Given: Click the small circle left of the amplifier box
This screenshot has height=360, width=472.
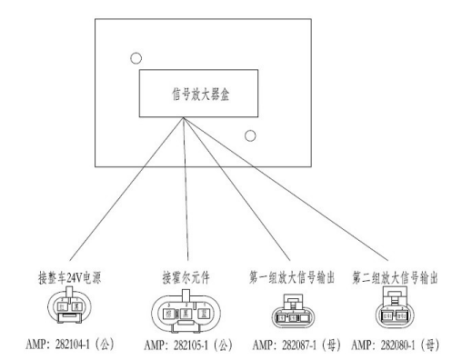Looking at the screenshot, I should [136, 58].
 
